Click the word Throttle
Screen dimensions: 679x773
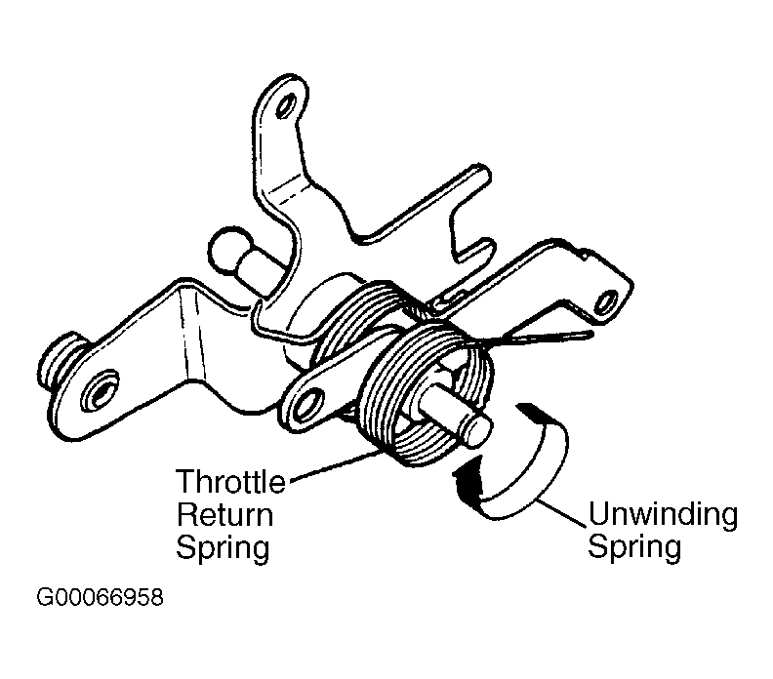pos(231,483)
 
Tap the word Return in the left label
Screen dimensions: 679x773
pos(224,515)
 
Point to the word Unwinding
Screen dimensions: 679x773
pos(663,514)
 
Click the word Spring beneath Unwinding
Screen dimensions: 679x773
pos(633,546)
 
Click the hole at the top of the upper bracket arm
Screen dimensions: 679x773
pos(284,102)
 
